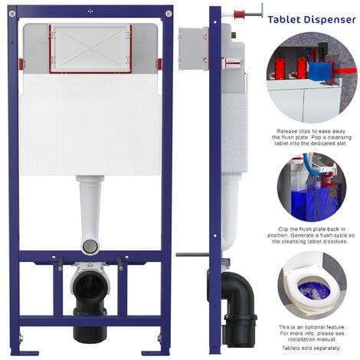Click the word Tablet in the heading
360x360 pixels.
pos(285,20)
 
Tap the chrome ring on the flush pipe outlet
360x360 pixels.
pos(90,246)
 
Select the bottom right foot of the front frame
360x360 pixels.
pos(159,351)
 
